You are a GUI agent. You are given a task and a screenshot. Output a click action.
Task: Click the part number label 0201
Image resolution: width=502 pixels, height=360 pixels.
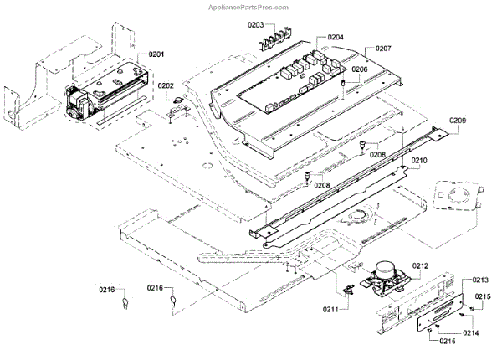[x=156, y=54]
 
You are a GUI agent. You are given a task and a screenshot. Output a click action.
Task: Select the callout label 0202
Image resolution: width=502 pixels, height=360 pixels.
[x=166, y=85]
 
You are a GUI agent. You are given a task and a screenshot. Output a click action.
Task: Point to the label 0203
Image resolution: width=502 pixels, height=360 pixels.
[x=258, y=27]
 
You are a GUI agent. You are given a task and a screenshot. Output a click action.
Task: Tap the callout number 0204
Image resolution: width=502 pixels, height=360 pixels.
[x=336, y=38]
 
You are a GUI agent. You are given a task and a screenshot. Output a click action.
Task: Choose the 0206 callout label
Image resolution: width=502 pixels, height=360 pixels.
[x=359, y=69]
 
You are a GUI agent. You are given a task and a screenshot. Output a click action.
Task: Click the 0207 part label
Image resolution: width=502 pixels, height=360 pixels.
[x=383, y=49]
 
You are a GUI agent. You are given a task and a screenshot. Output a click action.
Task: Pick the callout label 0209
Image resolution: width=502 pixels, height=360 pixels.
[x=458, y=121]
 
